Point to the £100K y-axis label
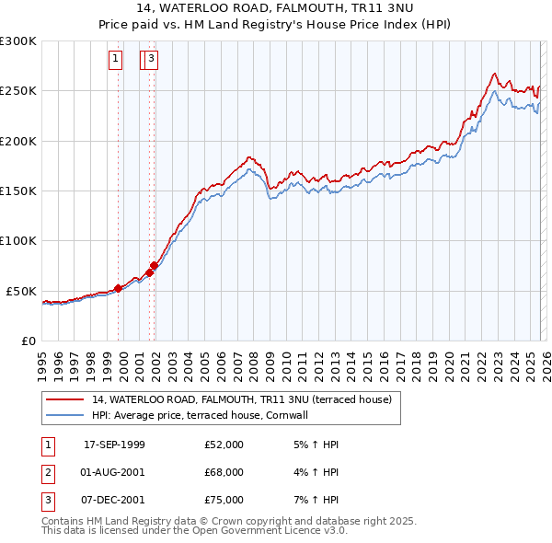[18, 240]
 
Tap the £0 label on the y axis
[28, 341]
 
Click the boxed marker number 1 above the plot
[116, 61]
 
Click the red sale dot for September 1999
[119, 288]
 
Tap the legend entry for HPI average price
[199, 415]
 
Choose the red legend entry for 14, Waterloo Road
[241, 399]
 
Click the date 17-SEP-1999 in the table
[114, 445]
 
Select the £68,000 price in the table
[224, 472]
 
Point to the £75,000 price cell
[224, 500]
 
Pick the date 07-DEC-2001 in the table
[114, 500]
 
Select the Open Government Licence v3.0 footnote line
[194, 531]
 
